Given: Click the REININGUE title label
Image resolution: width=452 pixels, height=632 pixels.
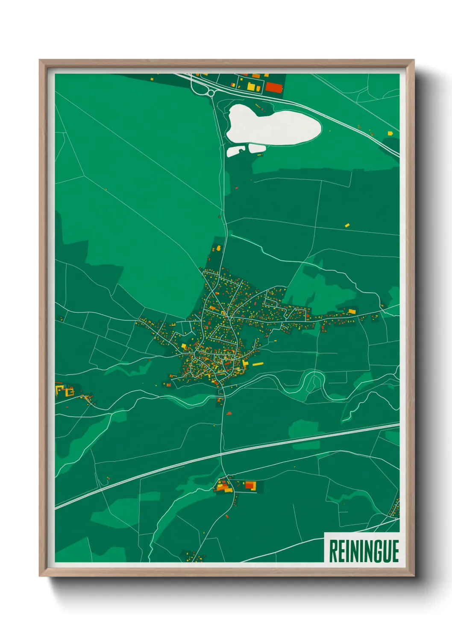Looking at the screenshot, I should (364, 551).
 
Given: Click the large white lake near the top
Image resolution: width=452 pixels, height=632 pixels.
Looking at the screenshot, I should (273, 125).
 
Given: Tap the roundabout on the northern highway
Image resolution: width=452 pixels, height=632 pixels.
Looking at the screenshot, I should (211, 93).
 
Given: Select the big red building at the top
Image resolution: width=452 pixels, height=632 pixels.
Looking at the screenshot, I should (274, 88).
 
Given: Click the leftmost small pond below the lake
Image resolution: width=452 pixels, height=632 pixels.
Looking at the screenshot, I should (235, 151).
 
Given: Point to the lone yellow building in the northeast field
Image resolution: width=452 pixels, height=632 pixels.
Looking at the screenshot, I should (347, 224).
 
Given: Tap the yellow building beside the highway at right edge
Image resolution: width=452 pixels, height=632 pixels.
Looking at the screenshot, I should (390, 133).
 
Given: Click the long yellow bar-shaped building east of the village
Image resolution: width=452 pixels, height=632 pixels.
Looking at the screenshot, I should (258, 364).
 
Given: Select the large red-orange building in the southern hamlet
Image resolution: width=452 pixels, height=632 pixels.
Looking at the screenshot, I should (250, 485).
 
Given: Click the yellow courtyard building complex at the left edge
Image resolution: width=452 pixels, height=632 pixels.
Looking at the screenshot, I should (64, 390).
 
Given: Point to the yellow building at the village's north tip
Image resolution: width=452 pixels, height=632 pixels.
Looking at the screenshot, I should (218, 248).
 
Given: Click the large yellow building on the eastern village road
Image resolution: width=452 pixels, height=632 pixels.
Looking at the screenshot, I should (352, 311).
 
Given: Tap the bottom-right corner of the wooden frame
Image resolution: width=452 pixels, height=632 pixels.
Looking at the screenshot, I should (414, 576).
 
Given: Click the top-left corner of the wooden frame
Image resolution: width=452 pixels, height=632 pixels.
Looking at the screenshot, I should (40, 60).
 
